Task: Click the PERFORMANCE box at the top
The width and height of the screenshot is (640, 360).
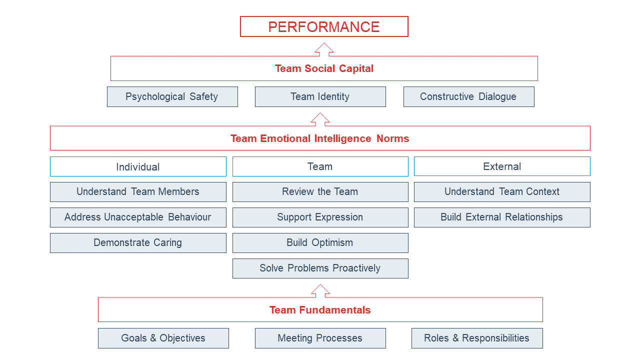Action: point(324,26)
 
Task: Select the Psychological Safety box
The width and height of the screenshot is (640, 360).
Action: point(172,96)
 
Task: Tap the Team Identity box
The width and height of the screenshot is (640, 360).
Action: point(320,96)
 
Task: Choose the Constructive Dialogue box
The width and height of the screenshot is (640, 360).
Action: point(469,96)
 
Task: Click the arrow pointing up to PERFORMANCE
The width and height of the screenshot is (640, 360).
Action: point(324,49)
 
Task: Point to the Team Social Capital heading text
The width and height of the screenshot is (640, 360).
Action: point(324,68)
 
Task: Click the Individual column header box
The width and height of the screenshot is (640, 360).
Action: point(138,166)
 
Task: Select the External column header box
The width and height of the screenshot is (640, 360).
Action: point(502,166)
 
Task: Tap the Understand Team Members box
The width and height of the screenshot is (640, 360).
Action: point(138,192)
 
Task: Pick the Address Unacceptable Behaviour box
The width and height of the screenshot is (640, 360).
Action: point(138,217)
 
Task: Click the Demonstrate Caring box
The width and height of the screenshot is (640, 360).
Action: point(138,243)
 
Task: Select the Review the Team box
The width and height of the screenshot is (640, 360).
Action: point(320,192)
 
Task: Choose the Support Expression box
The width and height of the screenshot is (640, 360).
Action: point(320,217)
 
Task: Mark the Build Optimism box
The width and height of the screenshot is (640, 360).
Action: point(320,243)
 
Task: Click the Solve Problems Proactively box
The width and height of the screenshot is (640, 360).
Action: point(320,268)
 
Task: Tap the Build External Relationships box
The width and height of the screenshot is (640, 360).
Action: point(502,217)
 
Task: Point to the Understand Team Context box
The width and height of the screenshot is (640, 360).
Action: point(502,192)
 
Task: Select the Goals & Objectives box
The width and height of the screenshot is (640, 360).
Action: point(163,338)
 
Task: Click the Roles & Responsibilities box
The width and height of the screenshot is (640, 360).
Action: point(477,338)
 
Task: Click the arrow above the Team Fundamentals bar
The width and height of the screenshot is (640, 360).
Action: point(320,291)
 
